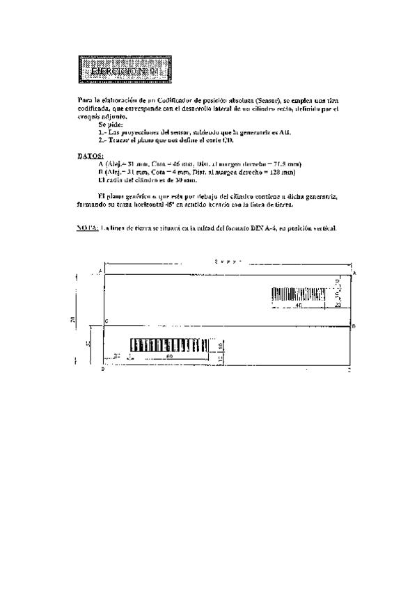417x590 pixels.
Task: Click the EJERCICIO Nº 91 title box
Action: pyautogui.click(x=122, y=70)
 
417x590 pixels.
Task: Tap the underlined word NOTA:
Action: pyautogui.click(x=87, y=227)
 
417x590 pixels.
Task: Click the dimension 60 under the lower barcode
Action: pyautogui.click(x=169, y=357)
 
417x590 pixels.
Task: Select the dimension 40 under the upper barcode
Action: pyautogui.click(x=298, y=305)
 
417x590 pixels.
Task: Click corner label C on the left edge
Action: pyautogui.click(x=104, y=321)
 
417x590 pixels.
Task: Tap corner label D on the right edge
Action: pyautogui.click(x=354, y=325)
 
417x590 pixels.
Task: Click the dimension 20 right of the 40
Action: pyautogui.click(x=338, y=305)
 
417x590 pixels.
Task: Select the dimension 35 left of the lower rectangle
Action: pyautogui.click(x=88, y=344)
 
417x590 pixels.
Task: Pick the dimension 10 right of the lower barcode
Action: pyautogui.click(x=219, y=345)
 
